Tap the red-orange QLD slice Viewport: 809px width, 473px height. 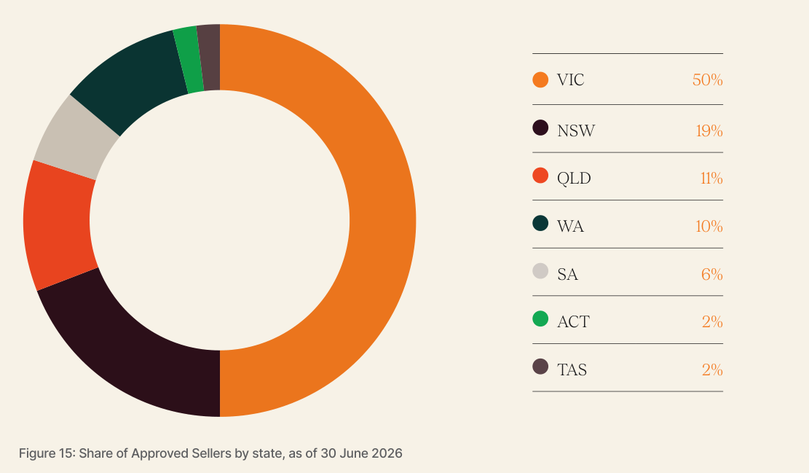(x=58, y=224)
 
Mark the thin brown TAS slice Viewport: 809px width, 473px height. (x=209, y=57)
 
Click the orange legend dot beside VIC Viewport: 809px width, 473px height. (x=540, y=80)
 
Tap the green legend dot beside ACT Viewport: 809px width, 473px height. (x=540, y=318)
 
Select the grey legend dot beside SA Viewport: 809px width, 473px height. (x=540, y=271)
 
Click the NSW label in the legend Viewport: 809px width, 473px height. (x=576, y=130)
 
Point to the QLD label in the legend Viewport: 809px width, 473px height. (x=574, y=179)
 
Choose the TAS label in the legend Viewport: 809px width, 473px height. (x=572, y=370)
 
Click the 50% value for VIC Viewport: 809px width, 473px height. (x=707, y=80)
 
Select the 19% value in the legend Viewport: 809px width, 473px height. (x=709, y=130)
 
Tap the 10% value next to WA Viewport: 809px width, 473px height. (x=709, y=226)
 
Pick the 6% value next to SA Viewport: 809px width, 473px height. (x=712, y=274)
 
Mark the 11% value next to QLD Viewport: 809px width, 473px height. (x=711, y=178)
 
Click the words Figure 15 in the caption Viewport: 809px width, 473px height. (x=47, y=453)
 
